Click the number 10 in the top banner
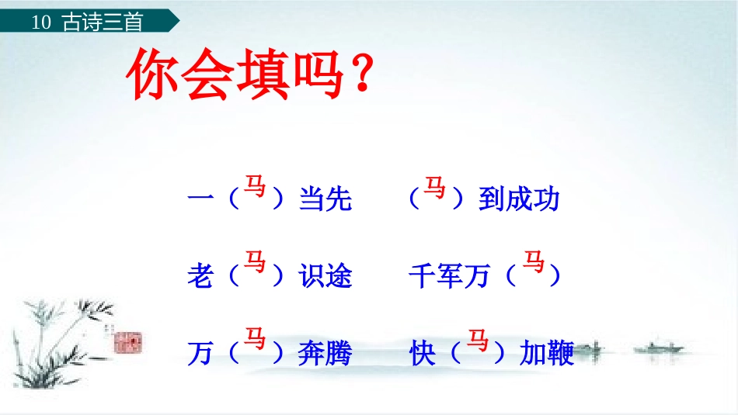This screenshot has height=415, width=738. (x=41, y=22)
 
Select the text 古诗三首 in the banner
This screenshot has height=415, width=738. (x=102, y=22)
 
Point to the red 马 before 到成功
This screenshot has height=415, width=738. (x=434, y=187)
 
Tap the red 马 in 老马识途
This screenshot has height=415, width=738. (x=255, y=261)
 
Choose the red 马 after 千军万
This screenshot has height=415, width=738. (x=534, y=261)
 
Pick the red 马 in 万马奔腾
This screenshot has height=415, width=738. (x=255, y=338)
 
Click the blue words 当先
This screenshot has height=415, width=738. (x=325, y=199)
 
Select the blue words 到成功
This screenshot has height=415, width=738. (x=519, y=199)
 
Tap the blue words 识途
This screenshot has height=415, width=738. (x=325, y=275)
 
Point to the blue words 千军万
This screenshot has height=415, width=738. (x=450, y=275)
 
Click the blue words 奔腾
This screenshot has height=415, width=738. (x=325, y=353)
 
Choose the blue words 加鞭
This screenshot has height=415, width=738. (x=547, y=353)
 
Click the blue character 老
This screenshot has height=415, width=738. (x=200, y=275)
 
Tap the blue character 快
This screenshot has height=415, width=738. (x=422, y=353)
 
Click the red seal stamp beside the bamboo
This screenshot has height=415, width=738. (x=128, y=342)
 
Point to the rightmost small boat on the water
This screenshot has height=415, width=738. (x=659, y=348)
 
